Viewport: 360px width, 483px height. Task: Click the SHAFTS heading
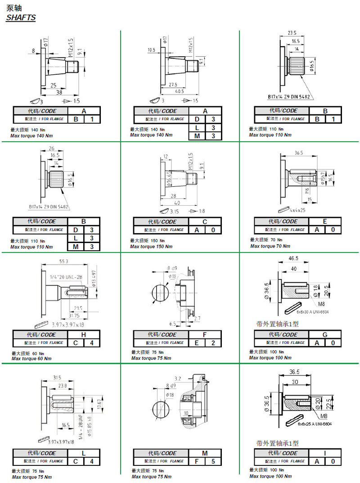click(21, 18)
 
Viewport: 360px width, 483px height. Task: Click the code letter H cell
click(84, 334)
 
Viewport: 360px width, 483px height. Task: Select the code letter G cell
click(325, 334)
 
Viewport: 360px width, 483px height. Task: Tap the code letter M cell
click(205, 453)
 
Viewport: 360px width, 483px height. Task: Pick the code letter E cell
click(325, 221)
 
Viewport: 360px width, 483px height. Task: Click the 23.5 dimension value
click(292, 33)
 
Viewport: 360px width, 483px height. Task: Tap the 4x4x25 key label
click(297, 210)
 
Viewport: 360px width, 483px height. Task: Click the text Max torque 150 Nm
click(151, 247)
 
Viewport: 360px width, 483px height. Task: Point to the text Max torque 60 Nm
click(31, 359)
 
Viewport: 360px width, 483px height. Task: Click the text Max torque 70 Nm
click(270, 246)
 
